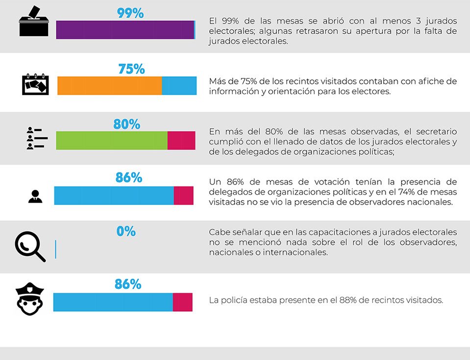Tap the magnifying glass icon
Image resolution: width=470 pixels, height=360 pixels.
[x=30, y=246]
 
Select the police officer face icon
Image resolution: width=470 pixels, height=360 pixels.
[x=30, y=299]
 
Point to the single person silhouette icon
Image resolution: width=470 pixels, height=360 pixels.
[x=35, y=196]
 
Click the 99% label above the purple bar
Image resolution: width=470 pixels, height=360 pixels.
[x=130, y=13]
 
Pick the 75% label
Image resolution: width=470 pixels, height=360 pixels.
[x=131, y=69]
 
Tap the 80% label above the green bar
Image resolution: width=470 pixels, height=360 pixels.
[x=126, y=124]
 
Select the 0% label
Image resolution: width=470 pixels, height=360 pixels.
[x=126, y=231]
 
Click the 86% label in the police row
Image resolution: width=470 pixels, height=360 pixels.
[x=128, y=284]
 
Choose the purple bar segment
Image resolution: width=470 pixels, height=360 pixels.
[x=125, y=30]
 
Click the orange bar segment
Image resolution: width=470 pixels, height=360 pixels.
[x=109, y=86]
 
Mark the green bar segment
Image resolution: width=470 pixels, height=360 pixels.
[x=112, y=140]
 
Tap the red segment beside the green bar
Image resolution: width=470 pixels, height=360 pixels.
[x=181, y=140]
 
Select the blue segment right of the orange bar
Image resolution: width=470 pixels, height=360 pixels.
[x=179, y=86]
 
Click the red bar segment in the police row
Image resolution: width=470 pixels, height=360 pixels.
[x=182, y=302]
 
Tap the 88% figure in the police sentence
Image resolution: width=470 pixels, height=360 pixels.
[x=347, y=300]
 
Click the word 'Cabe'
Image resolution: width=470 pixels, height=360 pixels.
[x=219, y=231]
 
